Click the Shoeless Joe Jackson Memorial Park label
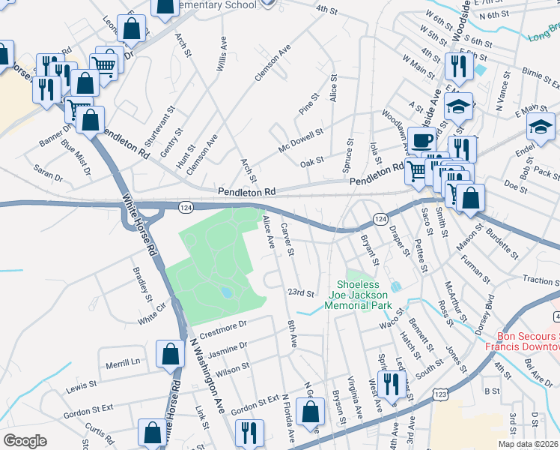click(364, 295)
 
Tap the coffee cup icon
click(421, 139)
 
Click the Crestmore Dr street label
click(222, 324)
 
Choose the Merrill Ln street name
click(123, 361)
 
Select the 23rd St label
click(299, 292)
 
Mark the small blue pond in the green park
click(226, 292)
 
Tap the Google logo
click(25, 441)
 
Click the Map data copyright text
click(528, 444)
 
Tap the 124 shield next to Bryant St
click(380, 218)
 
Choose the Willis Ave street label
click(222, 55)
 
